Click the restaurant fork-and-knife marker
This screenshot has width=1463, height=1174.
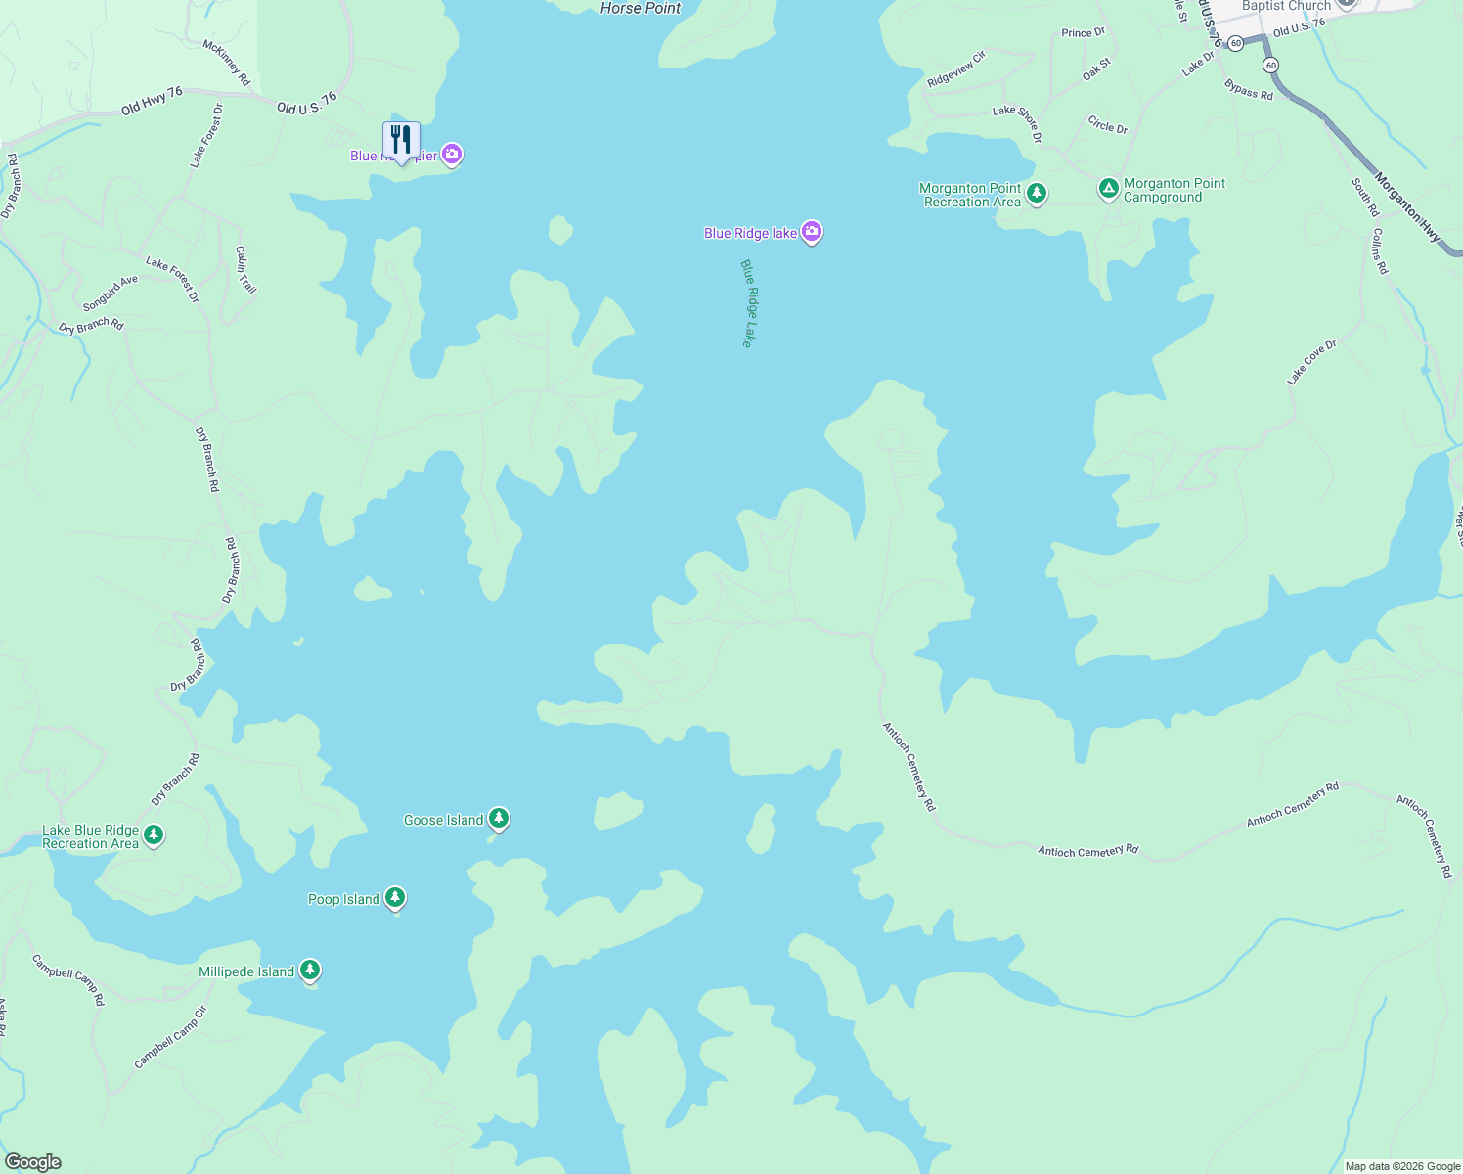pos(401,141)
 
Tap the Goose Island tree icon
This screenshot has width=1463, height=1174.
pos(499,818)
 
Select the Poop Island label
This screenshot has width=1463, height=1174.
pos(344,899)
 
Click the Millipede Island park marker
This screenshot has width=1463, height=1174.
pos(310,970)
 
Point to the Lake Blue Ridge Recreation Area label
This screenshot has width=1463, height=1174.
pos(90,836)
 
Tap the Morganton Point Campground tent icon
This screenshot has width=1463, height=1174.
pos(1108,188)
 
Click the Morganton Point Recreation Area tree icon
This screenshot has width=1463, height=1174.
pos(1037,193)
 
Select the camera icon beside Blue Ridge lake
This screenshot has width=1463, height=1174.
pos(812,232)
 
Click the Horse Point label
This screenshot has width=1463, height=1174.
pos(641,8)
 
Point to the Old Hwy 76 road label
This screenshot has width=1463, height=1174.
pos(152,100)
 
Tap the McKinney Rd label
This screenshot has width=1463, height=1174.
pos(227,62)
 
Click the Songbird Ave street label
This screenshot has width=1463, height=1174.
pos(111,293)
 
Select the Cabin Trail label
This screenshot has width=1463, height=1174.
pos(245,270)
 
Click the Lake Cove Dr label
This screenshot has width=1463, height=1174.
pos(1311,362)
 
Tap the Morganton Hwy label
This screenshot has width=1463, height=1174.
pos(1407,207)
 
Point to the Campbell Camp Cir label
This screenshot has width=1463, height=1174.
pos(171,1037)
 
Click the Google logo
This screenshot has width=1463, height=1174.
pos(32,1162)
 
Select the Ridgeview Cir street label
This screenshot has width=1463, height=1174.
pos(956,69)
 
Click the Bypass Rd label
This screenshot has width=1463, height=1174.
pos(1249,90)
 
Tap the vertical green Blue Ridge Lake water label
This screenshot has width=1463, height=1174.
pos(747,303)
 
